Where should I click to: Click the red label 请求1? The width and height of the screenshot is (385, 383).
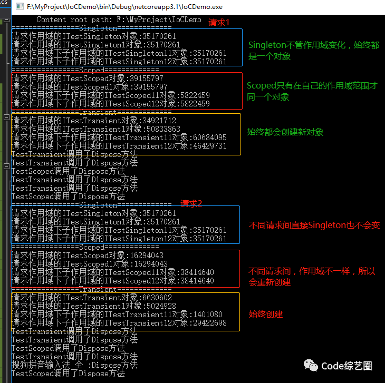point(219,23)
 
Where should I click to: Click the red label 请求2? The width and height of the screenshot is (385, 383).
point(191,203)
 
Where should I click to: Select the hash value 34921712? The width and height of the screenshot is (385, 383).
point(159,121)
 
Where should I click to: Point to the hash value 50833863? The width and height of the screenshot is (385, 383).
point(163,129)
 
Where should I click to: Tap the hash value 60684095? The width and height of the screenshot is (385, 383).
point(210,138)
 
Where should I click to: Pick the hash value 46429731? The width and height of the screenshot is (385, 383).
point(210,146)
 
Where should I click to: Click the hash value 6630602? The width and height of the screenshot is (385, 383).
point(157,298)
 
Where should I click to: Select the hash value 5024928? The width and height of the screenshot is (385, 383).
point(161,306)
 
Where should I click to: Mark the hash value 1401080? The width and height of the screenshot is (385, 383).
point(208,315)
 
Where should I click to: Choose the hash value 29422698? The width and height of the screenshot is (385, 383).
point(210,323)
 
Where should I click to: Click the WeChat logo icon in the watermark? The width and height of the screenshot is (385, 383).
point(311,365)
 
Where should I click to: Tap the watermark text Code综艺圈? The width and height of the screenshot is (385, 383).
point(346,366)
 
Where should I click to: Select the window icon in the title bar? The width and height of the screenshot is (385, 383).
point(20,6)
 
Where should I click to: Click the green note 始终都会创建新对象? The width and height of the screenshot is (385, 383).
point(285,132)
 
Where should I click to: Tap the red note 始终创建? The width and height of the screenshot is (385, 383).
point(266,314)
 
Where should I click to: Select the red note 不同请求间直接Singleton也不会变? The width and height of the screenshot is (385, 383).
point(314,225)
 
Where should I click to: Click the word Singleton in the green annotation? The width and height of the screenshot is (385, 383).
point(267,45)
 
